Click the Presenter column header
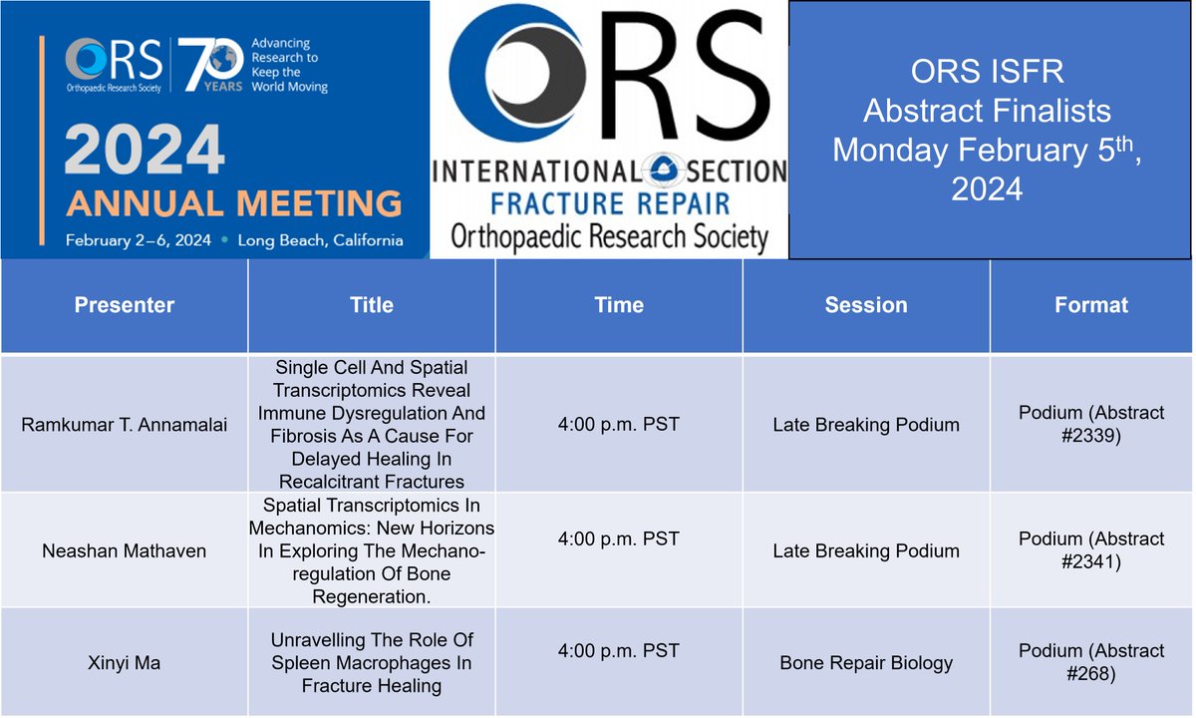[125, 305]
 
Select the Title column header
[372, 305]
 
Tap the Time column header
[619, 305]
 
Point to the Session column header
[866, 305]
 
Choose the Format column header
[1091, 305]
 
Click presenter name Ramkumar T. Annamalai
[125, 425]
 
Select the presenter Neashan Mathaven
[125, 550]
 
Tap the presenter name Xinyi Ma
[125, 662]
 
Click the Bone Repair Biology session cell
[866, 662]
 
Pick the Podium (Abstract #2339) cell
[1091, 425]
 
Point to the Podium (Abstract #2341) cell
[1091, 550]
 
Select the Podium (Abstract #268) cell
[1091, 662]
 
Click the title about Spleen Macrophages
[372, 663]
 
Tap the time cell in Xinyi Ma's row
[619, 651]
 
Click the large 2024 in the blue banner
[146, 155]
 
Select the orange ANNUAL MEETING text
[234, 202]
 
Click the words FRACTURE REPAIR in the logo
[609, 203]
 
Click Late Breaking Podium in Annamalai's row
[866, 425]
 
